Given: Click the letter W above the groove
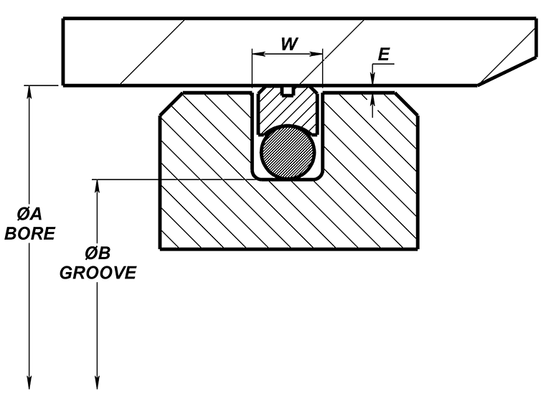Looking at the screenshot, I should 288,42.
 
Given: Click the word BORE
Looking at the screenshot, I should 29,235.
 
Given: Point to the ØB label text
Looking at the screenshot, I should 96,253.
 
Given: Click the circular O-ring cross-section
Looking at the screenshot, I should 287,151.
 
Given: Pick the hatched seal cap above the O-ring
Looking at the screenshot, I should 287,108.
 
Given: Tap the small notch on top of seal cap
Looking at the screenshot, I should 288,90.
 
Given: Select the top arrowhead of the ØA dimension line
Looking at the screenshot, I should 29,91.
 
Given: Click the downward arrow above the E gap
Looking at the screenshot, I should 372,79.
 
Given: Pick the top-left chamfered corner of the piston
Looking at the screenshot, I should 172,104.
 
